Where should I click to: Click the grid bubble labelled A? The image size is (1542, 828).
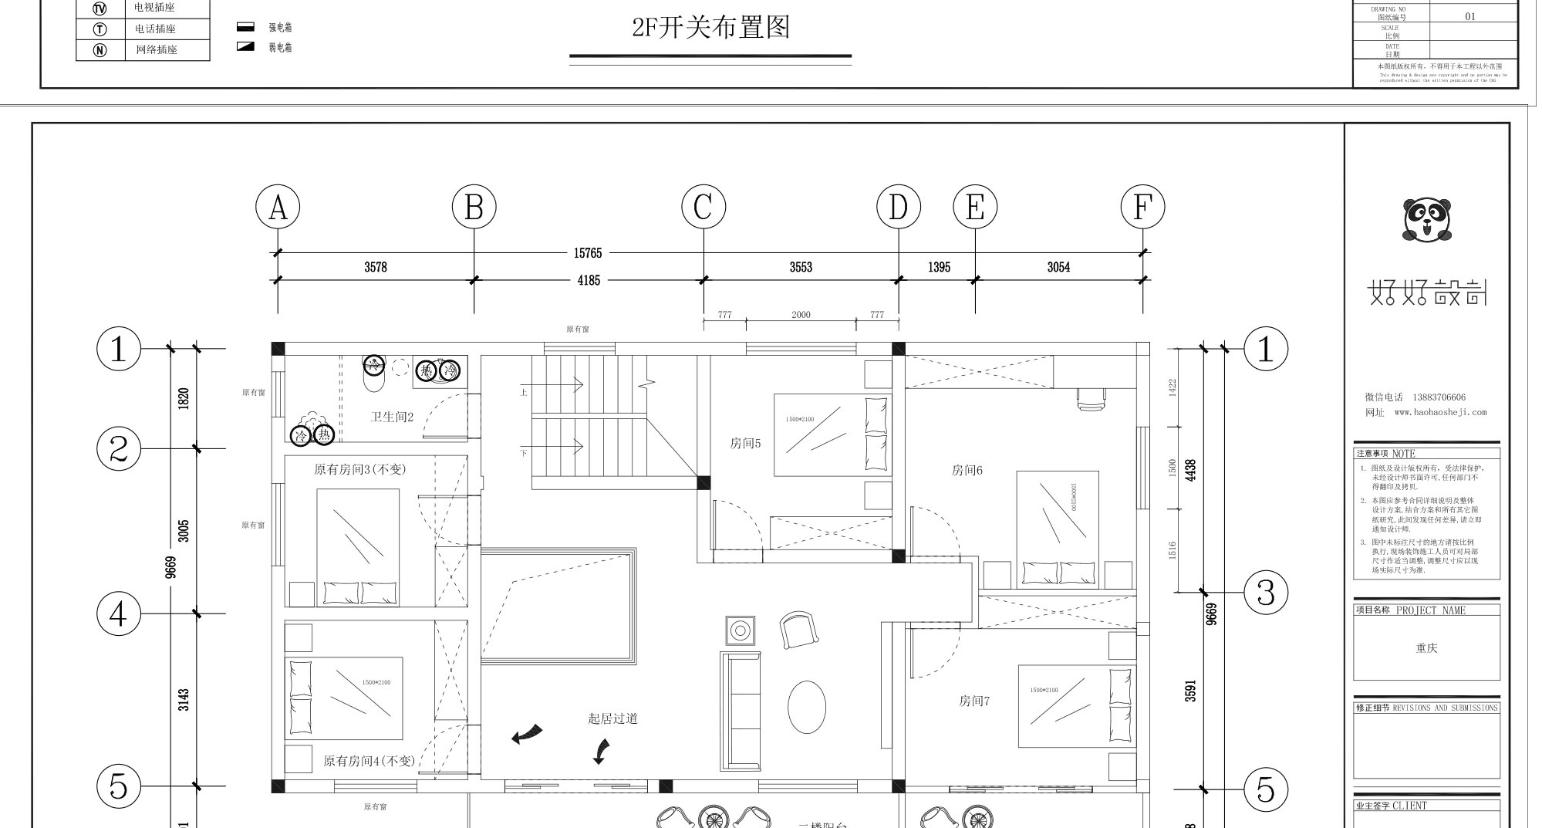pyautogui.click(x=278, y=208)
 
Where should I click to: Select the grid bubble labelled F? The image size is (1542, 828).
pyautogui.click(x=1142, y=208)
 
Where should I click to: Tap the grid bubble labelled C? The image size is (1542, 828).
pyautogui.click(x=704, y=208)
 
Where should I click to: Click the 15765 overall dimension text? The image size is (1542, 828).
pyautogui.click(x=588, y=253)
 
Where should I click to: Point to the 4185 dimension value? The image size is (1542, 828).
pyautogui.click(x=589, y=281)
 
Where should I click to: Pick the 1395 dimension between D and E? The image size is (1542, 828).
pyautogui.click(x=939, y=268)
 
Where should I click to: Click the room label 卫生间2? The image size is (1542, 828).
pyautogui.click(x=392, y=417)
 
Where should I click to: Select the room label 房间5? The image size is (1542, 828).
pyautogui.click(x=745, y=444)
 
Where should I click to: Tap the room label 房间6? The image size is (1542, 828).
pyautogui.click(x=967, y=470)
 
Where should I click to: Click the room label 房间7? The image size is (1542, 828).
pyautogui.click(x=974, y=701)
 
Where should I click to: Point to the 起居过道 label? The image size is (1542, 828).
pyautogui.click(x=612, y=719)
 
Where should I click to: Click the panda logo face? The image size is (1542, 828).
pyautogui.click(x=1426, y=218)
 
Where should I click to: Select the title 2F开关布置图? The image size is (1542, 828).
pyautogui.click(x=710, y=28)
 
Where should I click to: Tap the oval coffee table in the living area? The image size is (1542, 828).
pyautogui.click(x=806, y=707)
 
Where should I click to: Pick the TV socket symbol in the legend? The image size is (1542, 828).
pyautogui.click(x=100, y=8)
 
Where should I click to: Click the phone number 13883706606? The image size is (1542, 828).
pyautogui.click(x=1439, y=397)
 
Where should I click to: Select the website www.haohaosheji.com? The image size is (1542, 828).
pyautogui.click(x=1439, y=413)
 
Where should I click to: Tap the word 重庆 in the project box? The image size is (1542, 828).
pyautogui.click(x=1426, y=648)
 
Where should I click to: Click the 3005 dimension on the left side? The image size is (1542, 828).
pyautogui.click(x=184, y=531)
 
